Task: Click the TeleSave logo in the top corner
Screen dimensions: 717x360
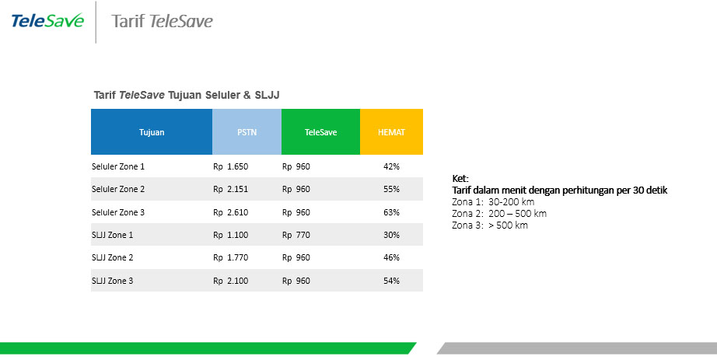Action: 47,20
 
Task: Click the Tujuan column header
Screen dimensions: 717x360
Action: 152,131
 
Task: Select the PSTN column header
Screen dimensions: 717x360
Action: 247,131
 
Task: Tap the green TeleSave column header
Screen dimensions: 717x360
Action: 320,131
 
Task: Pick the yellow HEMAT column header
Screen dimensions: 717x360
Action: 391,131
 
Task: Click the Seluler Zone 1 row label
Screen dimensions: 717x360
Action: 118,166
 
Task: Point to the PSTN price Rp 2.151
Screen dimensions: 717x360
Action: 230,189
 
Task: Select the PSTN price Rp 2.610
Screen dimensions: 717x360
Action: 230,212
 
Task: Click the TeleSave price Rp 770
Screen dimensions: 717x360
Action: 296,235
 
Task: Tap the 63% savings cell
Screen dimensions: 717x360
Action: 391,212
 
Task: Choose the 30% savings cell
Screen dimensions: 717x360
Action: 391,235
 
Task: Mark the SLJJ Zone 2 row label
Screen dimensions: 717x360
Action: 113,257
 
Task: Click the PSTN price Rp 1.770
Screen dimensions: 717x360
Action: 230,257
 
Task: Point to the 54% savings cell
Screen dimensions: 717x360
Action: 391,281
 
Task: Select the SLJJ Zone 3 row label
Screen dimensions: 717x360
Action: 113,281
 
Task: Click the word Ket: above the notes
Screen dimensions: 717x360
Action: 460,178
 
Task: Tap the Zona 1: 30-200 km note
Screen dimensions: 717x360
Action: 493,201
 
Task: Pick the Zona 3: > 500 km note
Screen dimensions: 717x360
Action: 490,225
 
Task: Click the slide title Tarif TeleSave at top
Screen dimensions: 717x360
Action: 162,21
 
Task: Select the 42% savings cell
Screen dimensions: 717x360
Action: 391,166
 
